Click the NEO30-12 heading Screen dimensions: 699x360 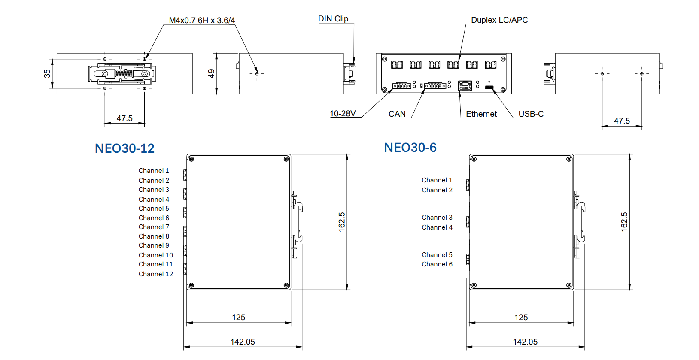[x=125, y=148]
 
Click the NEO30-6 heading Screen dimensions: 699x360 [x=410, y=148]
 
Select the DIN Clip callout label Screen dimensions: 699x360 [x=333, y=19]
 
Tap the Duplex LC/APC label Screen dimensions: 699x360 [x=499, y=20]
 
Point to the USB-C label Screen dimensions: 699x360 [x=531, y=114]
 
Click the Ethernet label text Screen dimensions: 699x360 [x=481, y=114]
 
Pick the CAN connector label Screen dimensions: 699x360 [x=397, y=114]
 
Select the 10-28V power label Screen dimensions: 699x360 [x=343, y=114]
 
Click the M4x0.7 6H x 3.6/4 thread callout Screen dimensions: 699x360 [x=202, y=20]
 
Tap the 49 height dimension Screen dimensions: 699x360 [x=211, y=74]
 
